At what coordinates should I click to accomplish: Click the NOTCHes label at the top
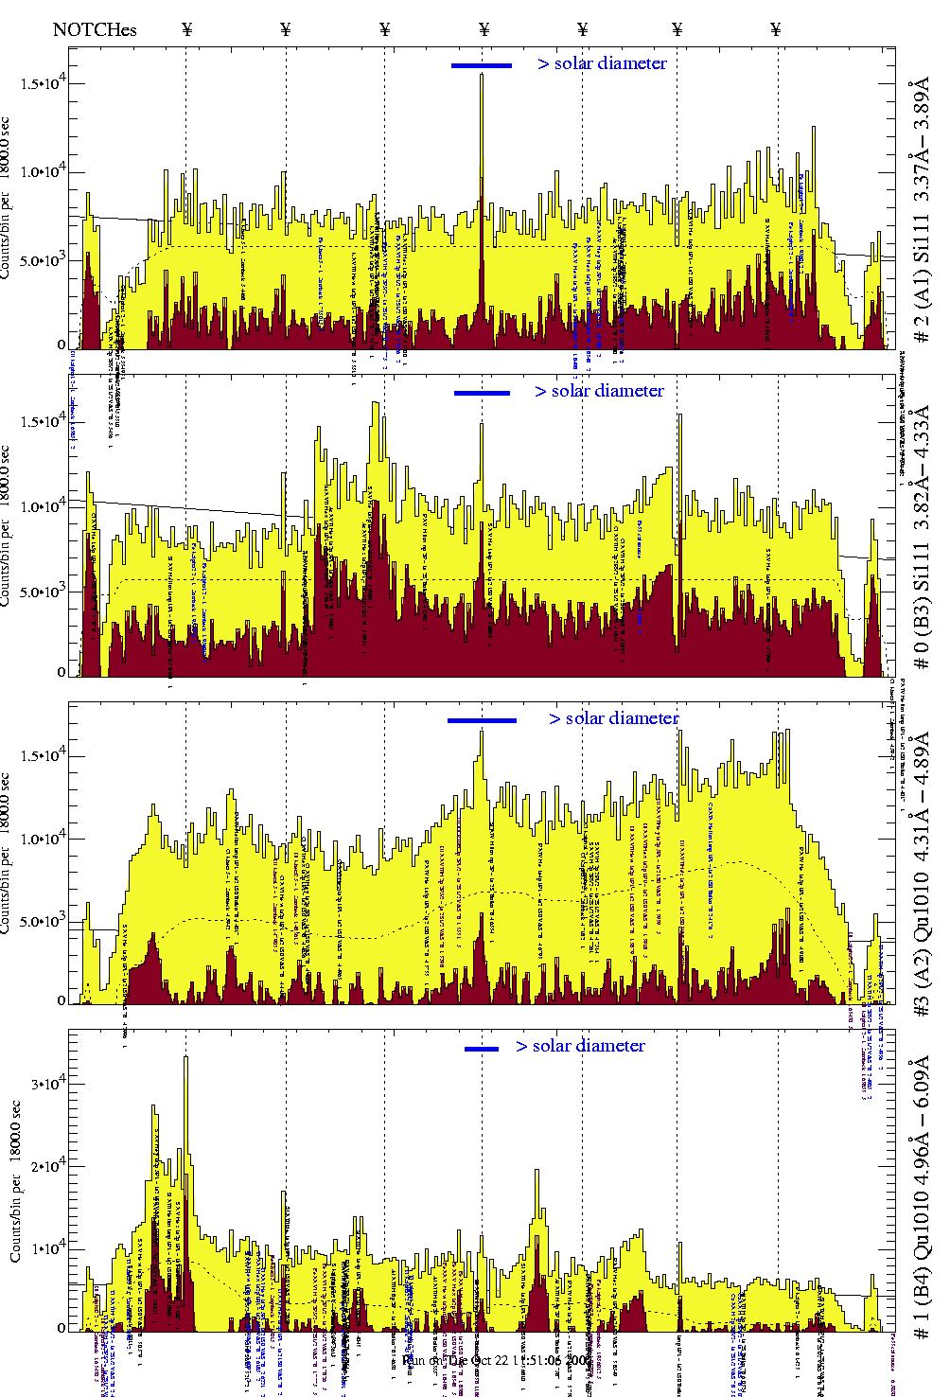[x=95, y=29]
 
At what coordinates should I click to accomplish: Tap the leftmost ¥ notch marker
[x=187, y=29]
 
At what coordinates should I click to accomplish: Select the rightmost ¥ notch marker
[x=776, y=29]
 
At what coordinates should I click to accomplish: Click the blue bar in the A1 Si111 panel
[x=482, y=65]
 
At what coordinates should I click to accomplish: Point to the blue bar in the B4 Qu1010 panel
[x=482, y=1049]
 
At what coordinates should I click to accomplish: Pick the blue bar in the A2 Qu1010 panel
[x=482, y=720]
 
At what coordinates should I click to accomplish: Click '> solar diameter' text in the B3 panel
[x=599, y=391]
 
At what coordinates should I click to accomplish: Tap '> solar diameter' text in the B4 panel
[x=580, y=1046]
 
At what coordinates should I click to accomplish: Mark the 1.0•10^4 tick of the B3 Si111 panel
[x=44, y=505]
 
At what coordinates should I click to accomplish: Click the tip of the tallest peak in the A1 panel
[x=482, y=75]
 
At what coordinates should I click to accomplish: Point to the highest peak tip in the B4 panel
[x=185, y=1057]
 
